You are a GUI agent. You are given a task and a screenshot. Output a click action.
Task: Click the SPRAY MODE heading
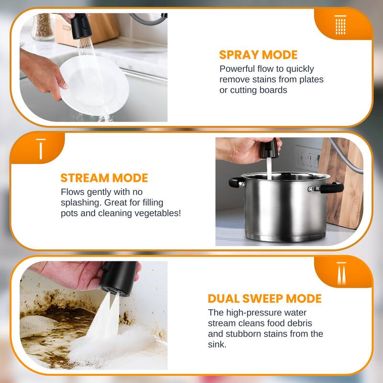pyautogui.click(x=258, y=55)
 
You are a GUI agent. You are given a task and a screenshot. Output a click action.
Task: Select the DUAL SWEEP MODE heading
pyautogui.click(x=264, y=299)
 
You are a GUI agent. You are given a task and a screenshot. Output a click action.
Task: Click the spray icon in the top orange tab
pyautogui.click(x=340, y=24)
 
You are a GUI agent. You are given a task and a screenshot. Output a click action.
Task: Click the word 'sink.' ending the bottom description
pyautogui.click(x=218, y=344)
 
